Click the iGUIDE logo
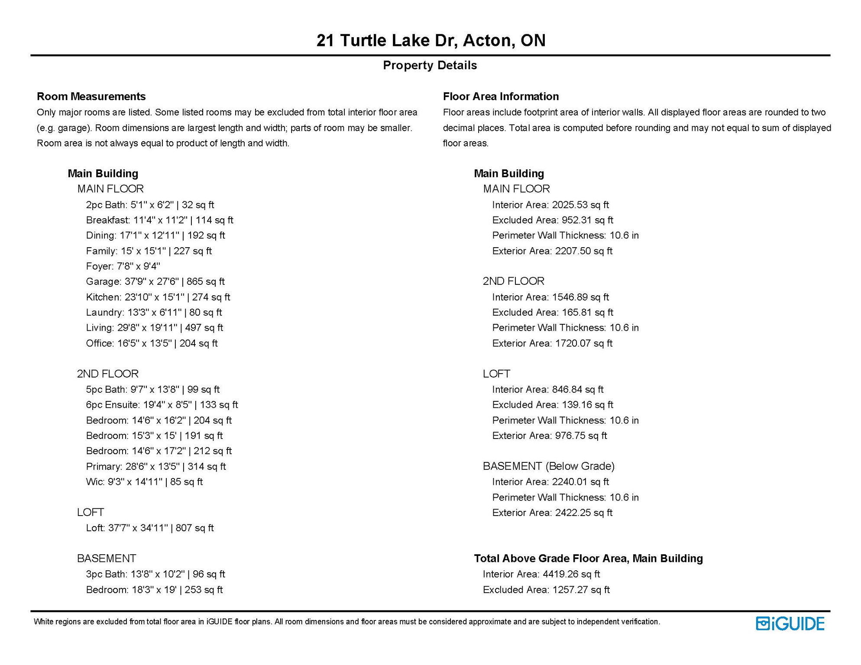[790, 623]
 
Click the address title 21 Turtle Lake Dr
[430, 40]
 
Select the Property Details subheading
[430, 65]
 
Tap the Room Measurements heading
[91, 96]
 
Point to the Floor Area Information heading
[501, 96]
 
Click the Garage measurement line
[155, 281]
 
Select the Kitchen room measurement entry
[158, 297]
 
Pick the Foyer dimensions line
[123, 266]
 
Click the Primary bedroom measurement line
[156, 466]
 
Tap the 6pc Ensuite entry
[162, 405]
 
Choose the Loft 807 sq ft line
[150, 528]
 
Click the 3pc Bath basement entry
[155, 574]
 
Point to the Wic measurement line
[144, 481]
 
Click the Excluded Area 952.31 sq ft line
[553, 220]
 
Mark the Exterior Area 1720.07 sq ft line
[552, 343]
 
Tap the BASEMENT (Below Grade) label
[549, 466]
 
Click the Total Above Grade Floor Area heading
[588, 558]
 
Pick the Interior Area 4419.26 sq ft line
[541, 574]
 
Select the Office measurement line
[152, 343]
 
